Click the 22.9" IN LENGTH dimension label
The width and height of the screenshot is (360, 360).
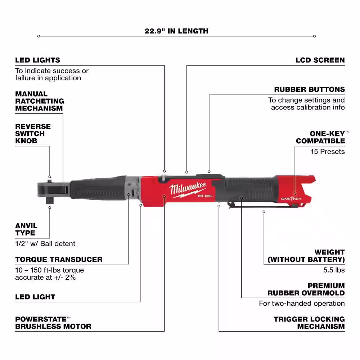[x=176, y=31]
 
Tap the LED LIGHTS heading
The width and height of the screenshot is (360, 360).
[x=37, y=60]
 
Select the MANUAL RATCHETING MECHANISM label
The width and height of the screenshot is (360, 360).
[x=39, y=101]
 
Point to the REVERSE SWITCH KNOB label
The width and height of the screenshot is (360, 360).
[x=33, y=134]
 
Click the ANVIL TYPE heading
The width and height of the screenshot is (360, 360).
[x=26, y=230]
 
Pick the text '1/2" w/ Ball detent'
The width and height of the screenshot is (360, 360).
[x=45, y=244]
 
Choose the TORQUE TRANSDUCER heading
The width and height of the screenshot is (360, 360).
[x=59, y=259]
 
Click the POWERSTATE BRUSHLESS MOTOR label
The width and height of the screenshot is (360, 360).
[x=53, y=323]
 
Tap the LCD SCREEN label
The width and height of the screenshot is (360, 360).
[x=320, y=60]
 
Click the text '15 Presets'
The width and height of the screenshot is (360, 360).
[x=328, y=152]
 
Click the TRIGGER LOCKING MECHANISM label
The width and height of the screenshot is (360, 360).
[x=309, y=323]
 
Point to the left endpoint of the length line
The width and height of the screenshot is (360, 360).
[x=39, y=36]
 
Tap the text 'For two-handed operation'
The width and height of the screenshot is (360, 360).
[x=302, y=303]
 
